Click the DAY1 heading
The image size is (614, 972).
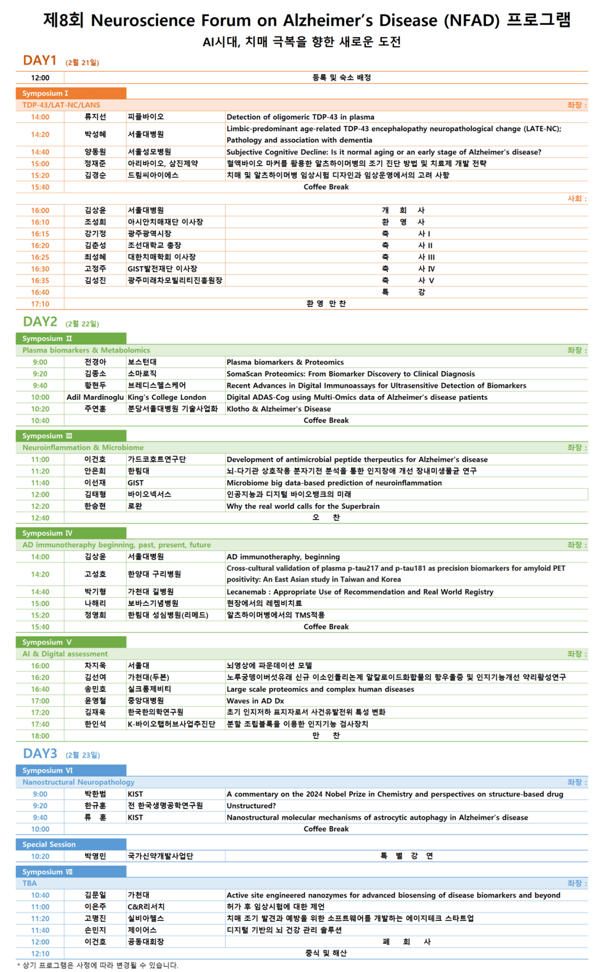click(40, 60)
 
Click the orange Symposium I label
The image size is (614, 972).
click(45, 93)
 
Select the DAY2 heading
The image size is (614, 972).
click(40, 321)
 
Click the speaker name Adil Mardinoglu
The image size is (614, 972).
click(95, 397)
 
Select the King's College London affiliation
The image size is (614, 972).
click(166, 397)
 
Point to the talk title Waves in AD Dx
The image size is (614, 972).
click(255, 701)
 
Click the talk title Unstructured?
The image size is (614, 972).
click(251, 806)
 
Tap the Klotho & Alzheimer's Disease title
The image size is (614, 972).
click(278, 409)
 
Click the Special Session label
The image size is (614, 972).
click(49, 844)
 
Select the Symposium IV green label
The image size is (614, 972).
click(47, 533)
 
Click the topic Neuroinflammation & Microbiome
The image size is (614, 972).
click(83, 447)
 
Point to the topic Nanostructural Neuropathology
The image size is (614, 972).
click(78, 782)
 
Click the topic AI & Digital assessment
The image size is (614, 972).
click(65, 654)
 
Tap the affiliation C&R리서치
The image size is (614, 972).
click(146, 907)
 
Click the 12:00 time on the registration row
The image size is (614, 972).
click(40, 78)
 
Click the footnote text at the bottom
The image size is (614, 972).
click(97, 965)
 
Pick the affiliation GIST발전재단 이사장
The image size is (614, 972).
click(162, 269)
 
